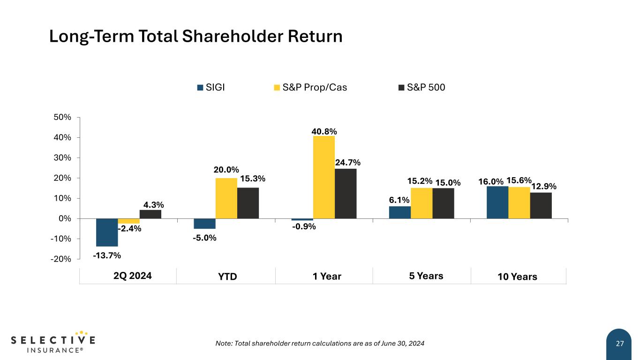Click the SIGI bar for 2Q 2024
[107, 232]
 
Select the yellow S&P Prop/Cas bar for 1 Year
[324, 177]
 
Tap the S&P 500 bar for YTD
[248, 203]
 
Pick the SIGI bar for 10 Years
[497, 202]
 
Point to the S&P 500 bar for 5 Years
[443, 203]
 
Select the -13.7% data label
[107, 255]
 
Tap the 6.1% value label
[399, 200]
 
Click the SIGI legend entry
[211, 87]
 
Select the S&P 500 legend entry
[422, 87]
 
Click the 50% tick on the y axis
[62, 117]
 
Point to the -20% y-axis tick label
[61, 259]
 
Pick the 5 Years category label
[426, 276]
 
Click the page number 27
[620, 344]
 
